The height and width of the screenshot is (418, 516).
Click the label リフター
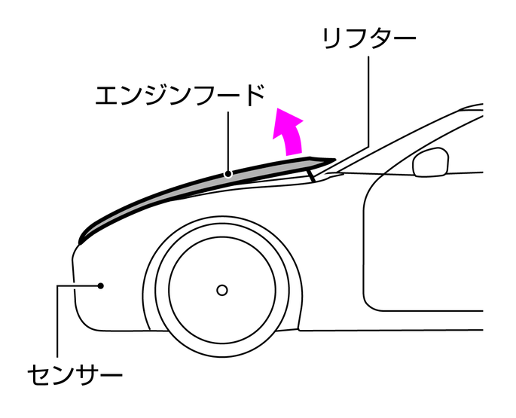click(368, 38)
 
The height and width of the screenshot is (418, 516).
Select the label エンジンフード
click(182, 96)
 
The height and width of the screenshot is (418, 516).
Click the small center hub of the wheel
click(221, 289)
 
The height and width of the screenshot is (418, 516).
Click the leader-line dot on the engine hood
click(230, 174)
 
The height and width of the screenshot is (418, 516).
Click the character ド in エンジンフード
click(252, 96)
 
